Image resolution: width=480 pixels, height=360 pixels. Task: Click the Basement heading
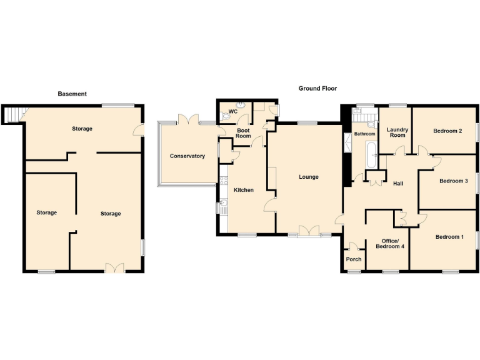click(72, 94)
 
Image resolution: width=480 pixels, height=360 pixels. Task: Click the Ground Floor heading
click(317, 89)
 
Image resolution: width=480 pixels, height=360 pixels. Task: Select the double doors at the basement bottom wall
click(114, 267)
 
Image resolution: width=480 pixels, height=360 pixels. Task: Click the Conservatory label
click(187, 156)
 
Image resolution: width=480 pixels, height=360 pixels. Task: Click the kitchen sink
click(224, 208)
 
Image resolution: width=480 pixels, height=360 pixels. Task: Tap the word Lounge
click(308, 177)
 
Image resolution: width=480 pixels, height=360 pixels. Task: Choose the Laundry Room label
click(397, 132)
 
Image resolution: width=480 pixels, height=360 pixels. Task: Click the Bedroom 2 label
click(447, 131)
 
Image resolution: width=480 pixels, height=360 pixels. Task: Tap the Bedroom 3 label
click(453, 181)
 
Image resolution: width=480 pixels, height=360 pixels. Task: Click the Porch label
click(354, 259)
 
